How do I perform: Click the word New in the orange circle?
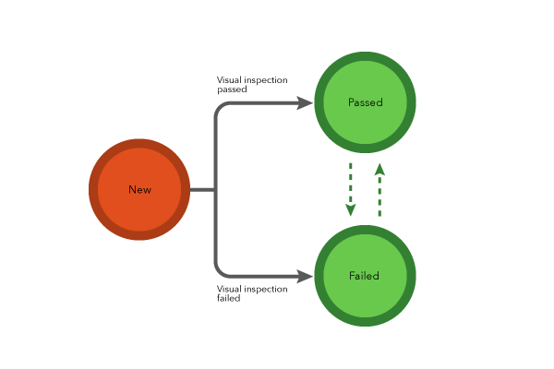pos(139,190)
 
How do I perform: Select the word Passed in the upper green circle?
pos(365,102)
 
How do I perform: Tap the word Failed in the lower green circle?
pos(364,276)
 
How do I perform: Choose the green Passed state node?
pos(365,125)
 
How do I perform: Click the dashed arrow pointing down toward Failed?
pos(351,184)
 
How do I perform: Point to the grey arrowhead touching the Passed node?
pos(305,103)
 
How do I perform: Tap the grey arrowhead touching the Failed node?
pos(305,277)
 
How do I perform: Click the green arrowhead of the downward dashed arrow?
pos(351,209)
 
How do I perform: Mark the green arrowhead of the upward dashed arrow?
pos(379,169)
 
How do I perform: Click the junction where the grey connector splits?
pos(215,190)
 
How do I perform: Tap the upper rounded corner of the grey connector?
pos(219,107)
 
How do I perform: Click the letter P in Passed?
pos(351,102)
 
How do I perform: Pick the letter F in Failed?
pos(352,276)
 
